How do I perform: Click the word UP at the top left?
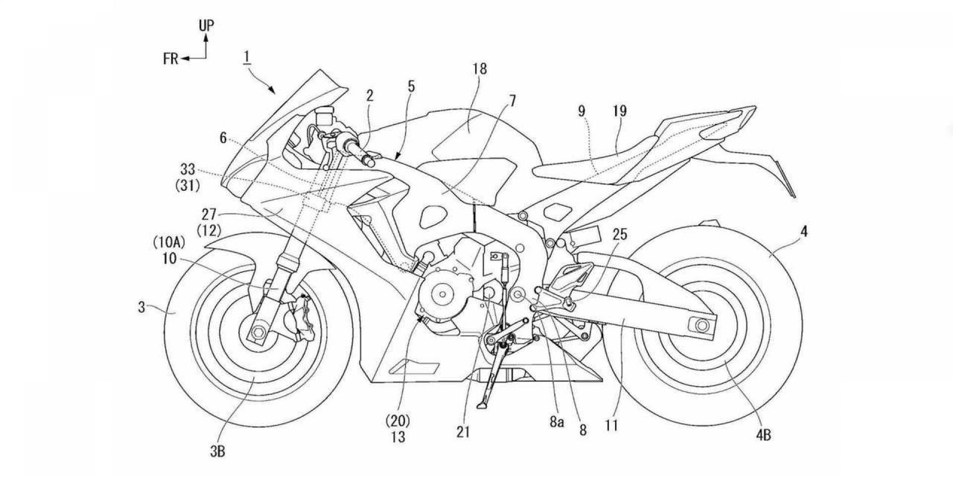click(x=207, y=26)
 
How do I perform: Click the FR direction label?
click(x=170, y=59)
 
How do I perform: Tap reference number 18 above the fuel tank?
click(x=480, y=69)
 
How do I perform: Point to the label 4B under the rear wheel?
click(x=763, y=436)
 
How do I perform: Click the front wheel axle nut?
click(x=259, y=331)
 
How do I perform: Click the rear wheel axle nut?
click(x=701, y=325)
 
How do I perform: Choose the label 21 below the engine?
click(x=463, y=432)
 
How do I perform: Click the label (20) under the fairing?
click(x=398, y=422)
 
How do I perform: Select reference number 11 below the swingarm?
click(x=612, y=426)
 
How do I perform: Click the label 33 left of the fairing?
click(x=188, y=170)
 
